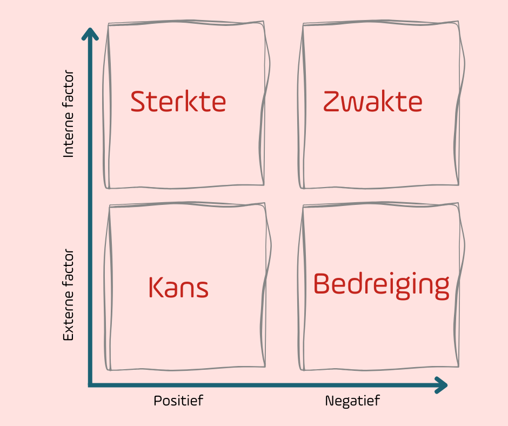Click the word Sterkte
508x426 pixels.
coord(178,102)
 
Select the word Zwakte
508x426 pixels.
coord(373,102)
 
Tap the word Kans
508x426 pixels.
coord(178,288)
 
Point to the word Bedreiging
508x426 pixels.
coord(381,284)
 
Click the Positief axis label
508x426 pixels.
coord(178,401)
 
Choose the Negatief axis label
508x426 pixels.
coord(352,401)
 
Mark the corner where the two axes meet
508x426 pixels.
coord(90,385)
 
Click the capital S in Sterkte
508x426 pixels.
coord(139,102)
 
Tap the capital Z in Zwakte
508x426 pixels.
coord(331,102)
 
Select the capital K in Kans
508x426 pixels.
coord(156,288)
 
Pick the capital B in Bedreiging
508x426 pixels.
coord(322,284)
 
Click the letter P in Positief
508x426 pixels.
coord(157,401)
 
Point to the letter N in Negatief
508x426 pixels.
coord(329,401)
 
